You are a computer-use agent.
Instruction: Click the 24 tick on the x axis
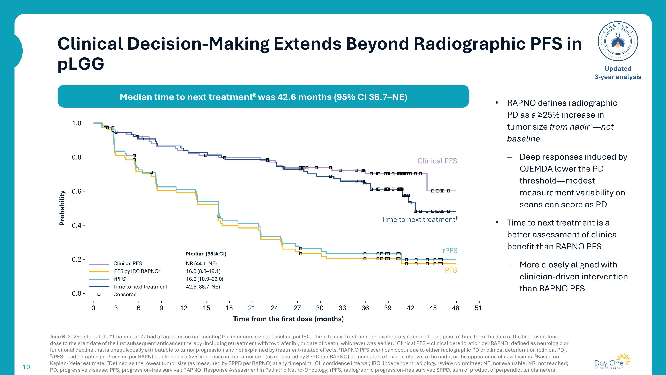(x=275, y=308)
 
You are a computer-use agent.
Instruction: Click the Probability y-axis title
(x=62, y=208)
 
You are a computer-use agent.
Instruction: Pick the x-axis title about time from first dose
(x=288, y=319)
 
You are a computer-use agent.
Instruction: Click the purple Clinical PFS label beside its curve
(x=437, y=161)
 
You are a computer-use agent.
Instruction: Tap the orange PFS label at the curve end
(x=451, y=270)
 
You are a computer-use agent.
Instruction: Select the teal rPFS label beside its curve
(x=450, y=251)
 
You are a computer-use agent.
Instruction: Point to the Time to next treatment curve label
(x=419, y=219)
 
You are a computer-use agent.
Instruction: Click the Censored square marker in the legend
(x=99, y=294)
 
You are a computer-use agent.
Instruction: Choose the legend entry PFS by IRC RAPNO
(x=137, y=271)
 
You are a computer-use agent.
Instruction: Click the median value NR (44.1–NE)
(x=201, y=263)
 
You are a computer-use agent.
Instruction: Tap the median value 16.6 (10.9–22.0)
(x=204, y=279)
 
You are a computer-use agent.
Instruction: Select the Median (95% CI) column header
(x=206, y=254)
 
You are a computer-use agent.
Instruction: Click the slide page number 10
(x=26, y=367)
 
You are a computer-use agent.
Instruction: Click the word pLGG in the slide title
(x=81, y=64)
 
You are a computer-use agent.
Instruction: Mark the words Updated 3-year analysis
(x=618, y=73)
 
